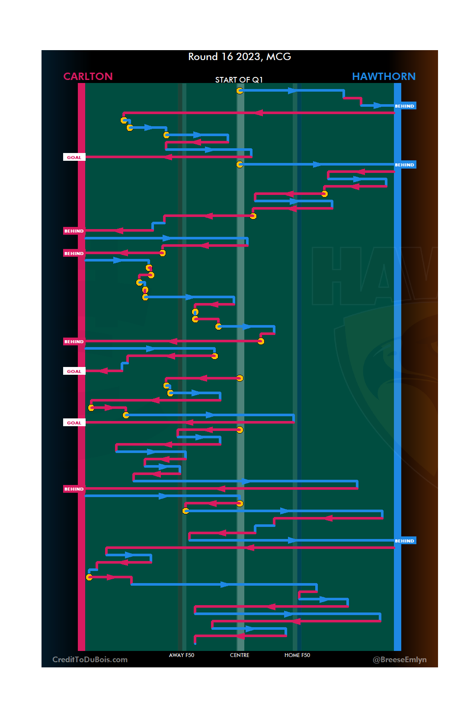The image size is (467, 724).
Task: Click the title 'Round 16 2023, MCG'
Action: click(x=240, y=57)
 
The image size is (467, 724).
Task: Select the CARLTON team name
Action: click(x=88, y=77)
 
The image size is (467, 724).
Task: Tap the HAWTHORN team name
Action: click(x=384, y=77)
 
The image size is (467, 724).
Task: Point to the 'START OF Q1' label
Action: click(x=239, y=80)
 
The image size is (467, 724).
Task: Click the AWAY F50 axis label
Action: click(x=182, y=655)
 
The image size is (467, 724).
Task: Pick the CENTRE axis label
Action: click(x=240, y=655)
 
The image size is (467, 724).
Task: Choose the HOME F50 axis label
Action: click(x=297, y=655)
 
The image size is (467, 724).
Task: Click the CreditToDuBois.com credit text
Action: click(x=90, y=660)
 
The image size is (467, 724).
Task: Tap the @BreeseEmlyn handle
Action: click(x=400, y=660)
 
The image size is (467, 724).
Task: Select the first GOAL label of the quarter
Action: click(x=74, y=157)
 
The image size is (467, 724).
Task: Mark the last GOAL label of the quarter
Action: click(x=74, y=423)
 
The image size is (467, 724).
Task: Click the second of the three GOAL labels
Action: click(x=74, y=371)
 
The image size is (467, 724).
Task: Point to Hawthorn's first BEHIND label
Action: click(x=404, y=106)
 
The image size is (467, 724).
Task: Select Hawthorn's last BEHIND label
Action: click(x=404, y=541)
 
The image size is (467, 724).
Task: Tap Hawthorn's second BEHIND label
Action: click(x=404, y=165)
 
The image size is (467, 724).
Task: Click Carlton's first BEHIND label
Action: click(x=74, y=231)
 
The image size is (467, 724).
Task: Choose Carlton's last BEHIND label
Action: click(x=74, y=489)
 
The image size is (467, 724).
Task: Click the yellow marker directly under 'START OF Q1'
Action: click(x=240, y=91)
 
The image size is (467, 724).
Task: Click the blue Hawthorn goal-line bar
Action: click(x=397, y=346)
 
